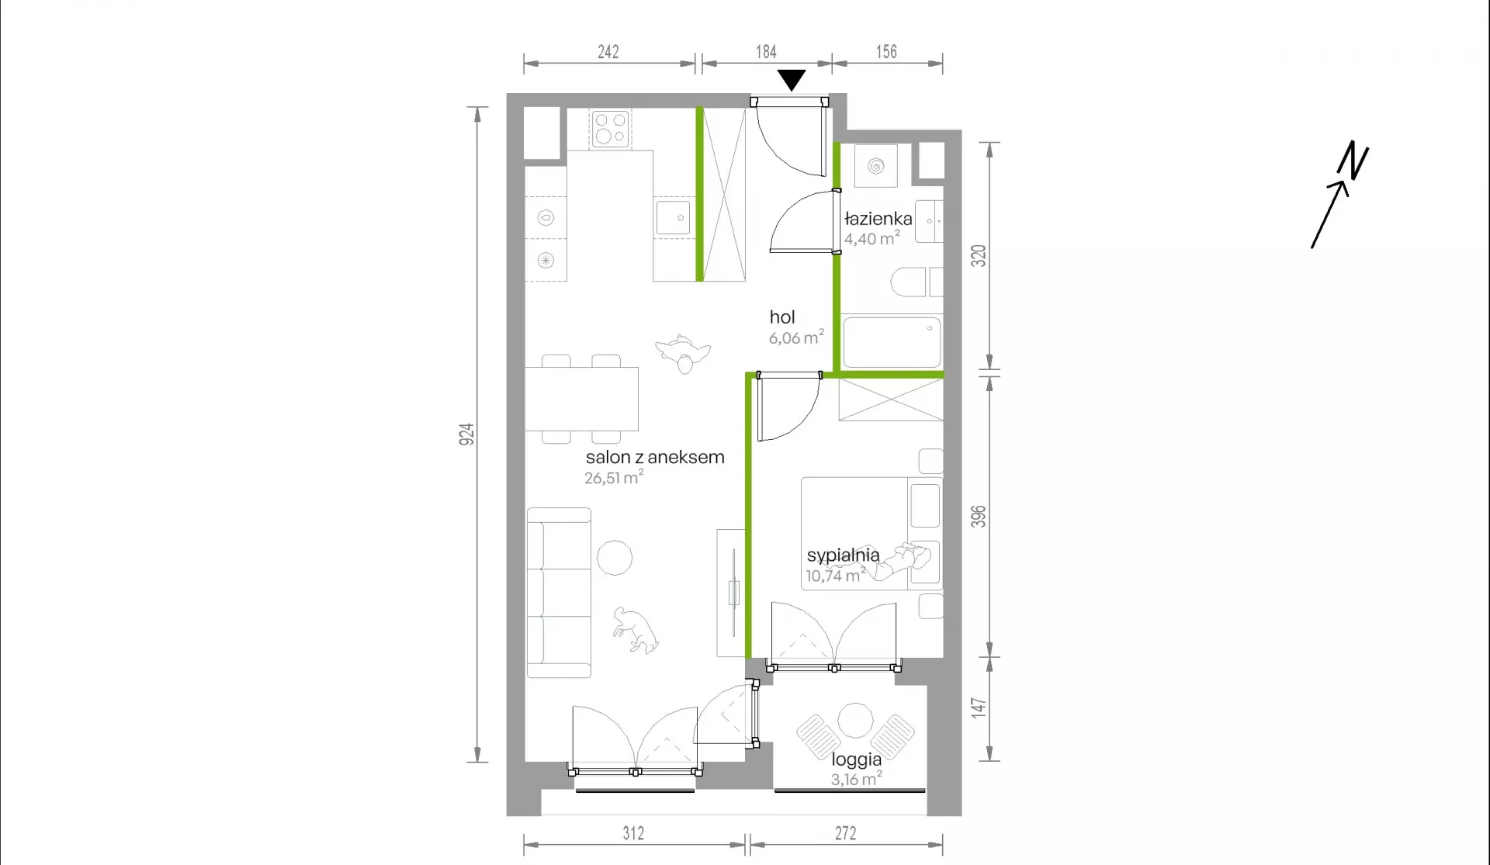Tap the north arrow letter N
coord(1353,160)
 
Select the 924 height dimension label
coord(466,434)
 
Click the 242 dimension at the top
coord(608,52)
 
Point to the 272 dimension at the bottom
coord(846,833)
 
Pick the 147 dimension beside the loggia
coord(978,708)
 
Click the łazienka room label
coord(878,219)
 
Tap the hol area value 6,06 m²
coord(796,337)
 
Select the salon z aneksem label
coord(655,457)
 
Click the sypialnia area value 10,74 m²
coord(835,576)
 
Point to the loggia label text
coord(857,760)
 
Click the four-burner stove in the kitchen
coord(610,129)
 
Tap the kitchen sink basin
coord(673,218)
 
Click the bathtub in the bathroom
coord(892,342)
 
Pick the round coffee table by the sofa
coord(615,558)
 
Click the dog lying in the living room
coord(635,630)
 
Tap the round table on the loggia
coord(855,720)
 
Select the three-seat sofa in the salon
coord(559,593)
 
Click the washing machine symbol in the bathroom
coord(876,165)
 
